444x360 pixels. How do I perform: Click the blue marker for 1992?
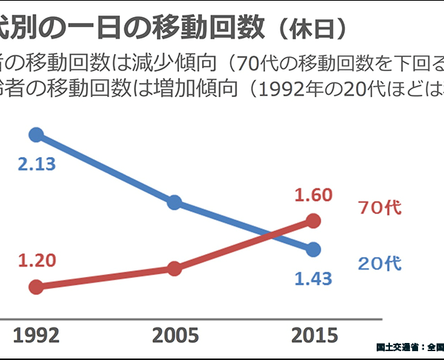[x=36, y=134]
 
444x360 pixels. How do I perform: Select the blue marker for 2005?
[x=175, y=202]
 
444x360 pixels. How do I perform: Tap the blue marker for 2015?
[x=313, y=249]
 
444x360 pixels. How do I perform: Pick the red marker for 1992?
[x=36, y=287]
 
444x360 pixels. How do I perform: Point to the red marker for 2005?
[x=175, y=268]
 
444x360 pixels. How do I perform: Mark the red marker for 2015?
[x=313, y=220]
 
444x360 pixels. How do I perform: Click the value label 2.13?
[x=37, y=164]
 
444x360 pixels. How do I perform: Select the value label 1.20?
[x=38, y=261]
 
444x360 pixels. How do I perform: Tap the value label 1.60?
[x=313, y=195]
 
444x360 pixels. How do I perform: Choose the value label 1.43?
[x=313, y=279]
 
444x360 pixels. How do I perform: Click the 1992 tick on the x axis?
[x=36, y=335]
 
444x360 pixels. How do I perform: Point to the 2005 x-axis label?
[x=175, y=335]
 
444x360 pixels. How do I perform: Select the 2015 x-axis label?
[x=314, y=335]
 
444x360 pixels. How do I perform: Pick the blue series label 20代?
[x=379, y=263]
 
